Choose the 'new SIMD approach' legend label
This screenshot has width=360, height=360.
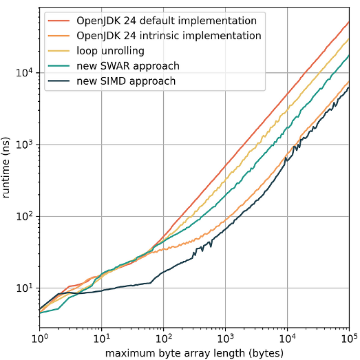coord(121,81)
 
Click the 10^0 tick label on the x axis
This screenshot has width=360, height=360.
coord(39,339)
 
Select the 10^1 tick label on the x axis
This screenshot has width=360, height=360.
coord(101,339)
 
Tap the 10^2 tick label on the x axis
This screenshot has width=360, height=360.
coord(163,339)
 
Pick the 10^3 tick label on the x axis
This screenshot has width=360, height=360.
coord(225,339)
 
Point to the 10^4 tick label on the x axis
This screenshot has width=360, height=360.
coord(287,339)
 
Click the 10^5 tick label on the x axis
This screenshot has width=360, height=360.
coord(348,339)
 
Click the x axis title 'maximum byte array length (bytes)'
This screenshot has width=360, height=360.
coord(194,353)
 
